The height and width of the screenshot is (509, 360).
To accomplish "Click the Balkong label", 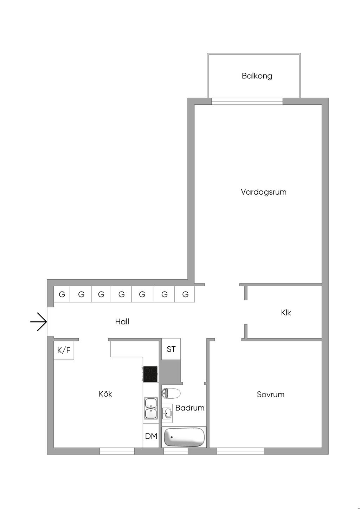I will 257,76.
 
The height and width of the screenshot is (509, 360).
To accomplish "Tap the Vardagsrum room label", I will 263,192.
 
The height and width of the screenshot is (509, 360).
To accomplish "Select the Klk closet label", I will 286,313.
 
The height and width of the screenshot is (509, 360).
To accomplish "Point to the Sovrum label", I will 270,394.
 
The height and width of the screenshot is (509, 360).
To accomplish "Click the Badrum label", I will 190,408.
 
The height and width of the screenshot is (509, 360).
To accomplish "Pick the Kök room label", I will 105,394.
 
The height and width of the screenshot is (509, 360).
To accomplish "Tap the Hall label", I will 122,321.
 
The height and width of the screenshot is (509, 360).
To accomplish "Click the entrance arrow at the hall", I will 39,321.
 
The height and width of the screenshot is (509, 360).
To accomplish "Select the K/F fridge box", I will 64,350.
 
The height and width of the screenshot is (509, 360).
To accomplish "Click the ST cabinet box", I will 171,349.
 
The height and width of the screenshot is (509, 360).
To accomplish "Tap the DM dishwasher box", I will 151,436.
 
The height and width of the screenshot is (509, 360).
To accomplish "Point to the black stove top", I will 150,374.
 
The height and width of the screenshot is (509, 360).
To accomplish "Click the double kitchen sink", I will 151,408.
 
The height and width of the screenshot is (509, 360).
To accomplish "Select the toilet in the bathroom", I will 171,393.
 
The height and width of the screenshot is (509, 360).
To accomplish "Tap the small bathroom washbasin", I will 167,413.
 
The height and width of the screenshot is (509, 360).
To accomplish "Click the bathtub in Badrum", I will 184,437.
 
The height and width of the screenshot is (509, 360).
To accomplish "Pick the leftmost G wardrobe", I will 62,294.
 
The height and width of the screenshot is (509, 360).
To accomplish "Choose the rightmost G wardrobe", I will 185,294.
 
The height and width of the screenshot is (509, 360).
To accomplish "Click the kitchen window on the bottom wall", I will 117,451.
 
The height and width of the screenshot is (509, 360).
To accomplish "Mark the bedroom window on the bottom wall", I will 240,451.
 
